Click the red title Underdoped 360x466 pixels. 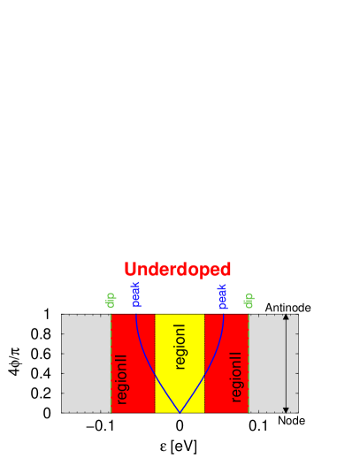[178, 270]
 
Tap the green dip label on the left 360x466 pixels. [111, 299]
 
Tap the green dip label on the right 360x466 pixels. [249, 300]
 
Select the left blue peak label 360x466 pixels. [135, 294]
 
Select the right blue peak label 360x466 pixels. [222, 295]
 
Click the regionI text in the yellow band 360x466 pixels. [180, 346]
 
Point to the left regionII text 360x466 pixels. [122, 378]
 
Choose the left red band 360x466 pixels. [124, 336]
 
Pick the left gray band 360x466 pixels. [86, 363]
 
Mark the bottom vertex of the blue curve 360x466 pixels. [180, 412]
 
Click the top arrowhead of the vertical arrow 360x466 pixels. [286, 317]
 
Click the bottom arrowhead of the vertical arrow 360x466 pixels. [286, 409]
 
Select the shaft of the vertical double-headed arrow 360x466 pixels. [286, 363]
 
